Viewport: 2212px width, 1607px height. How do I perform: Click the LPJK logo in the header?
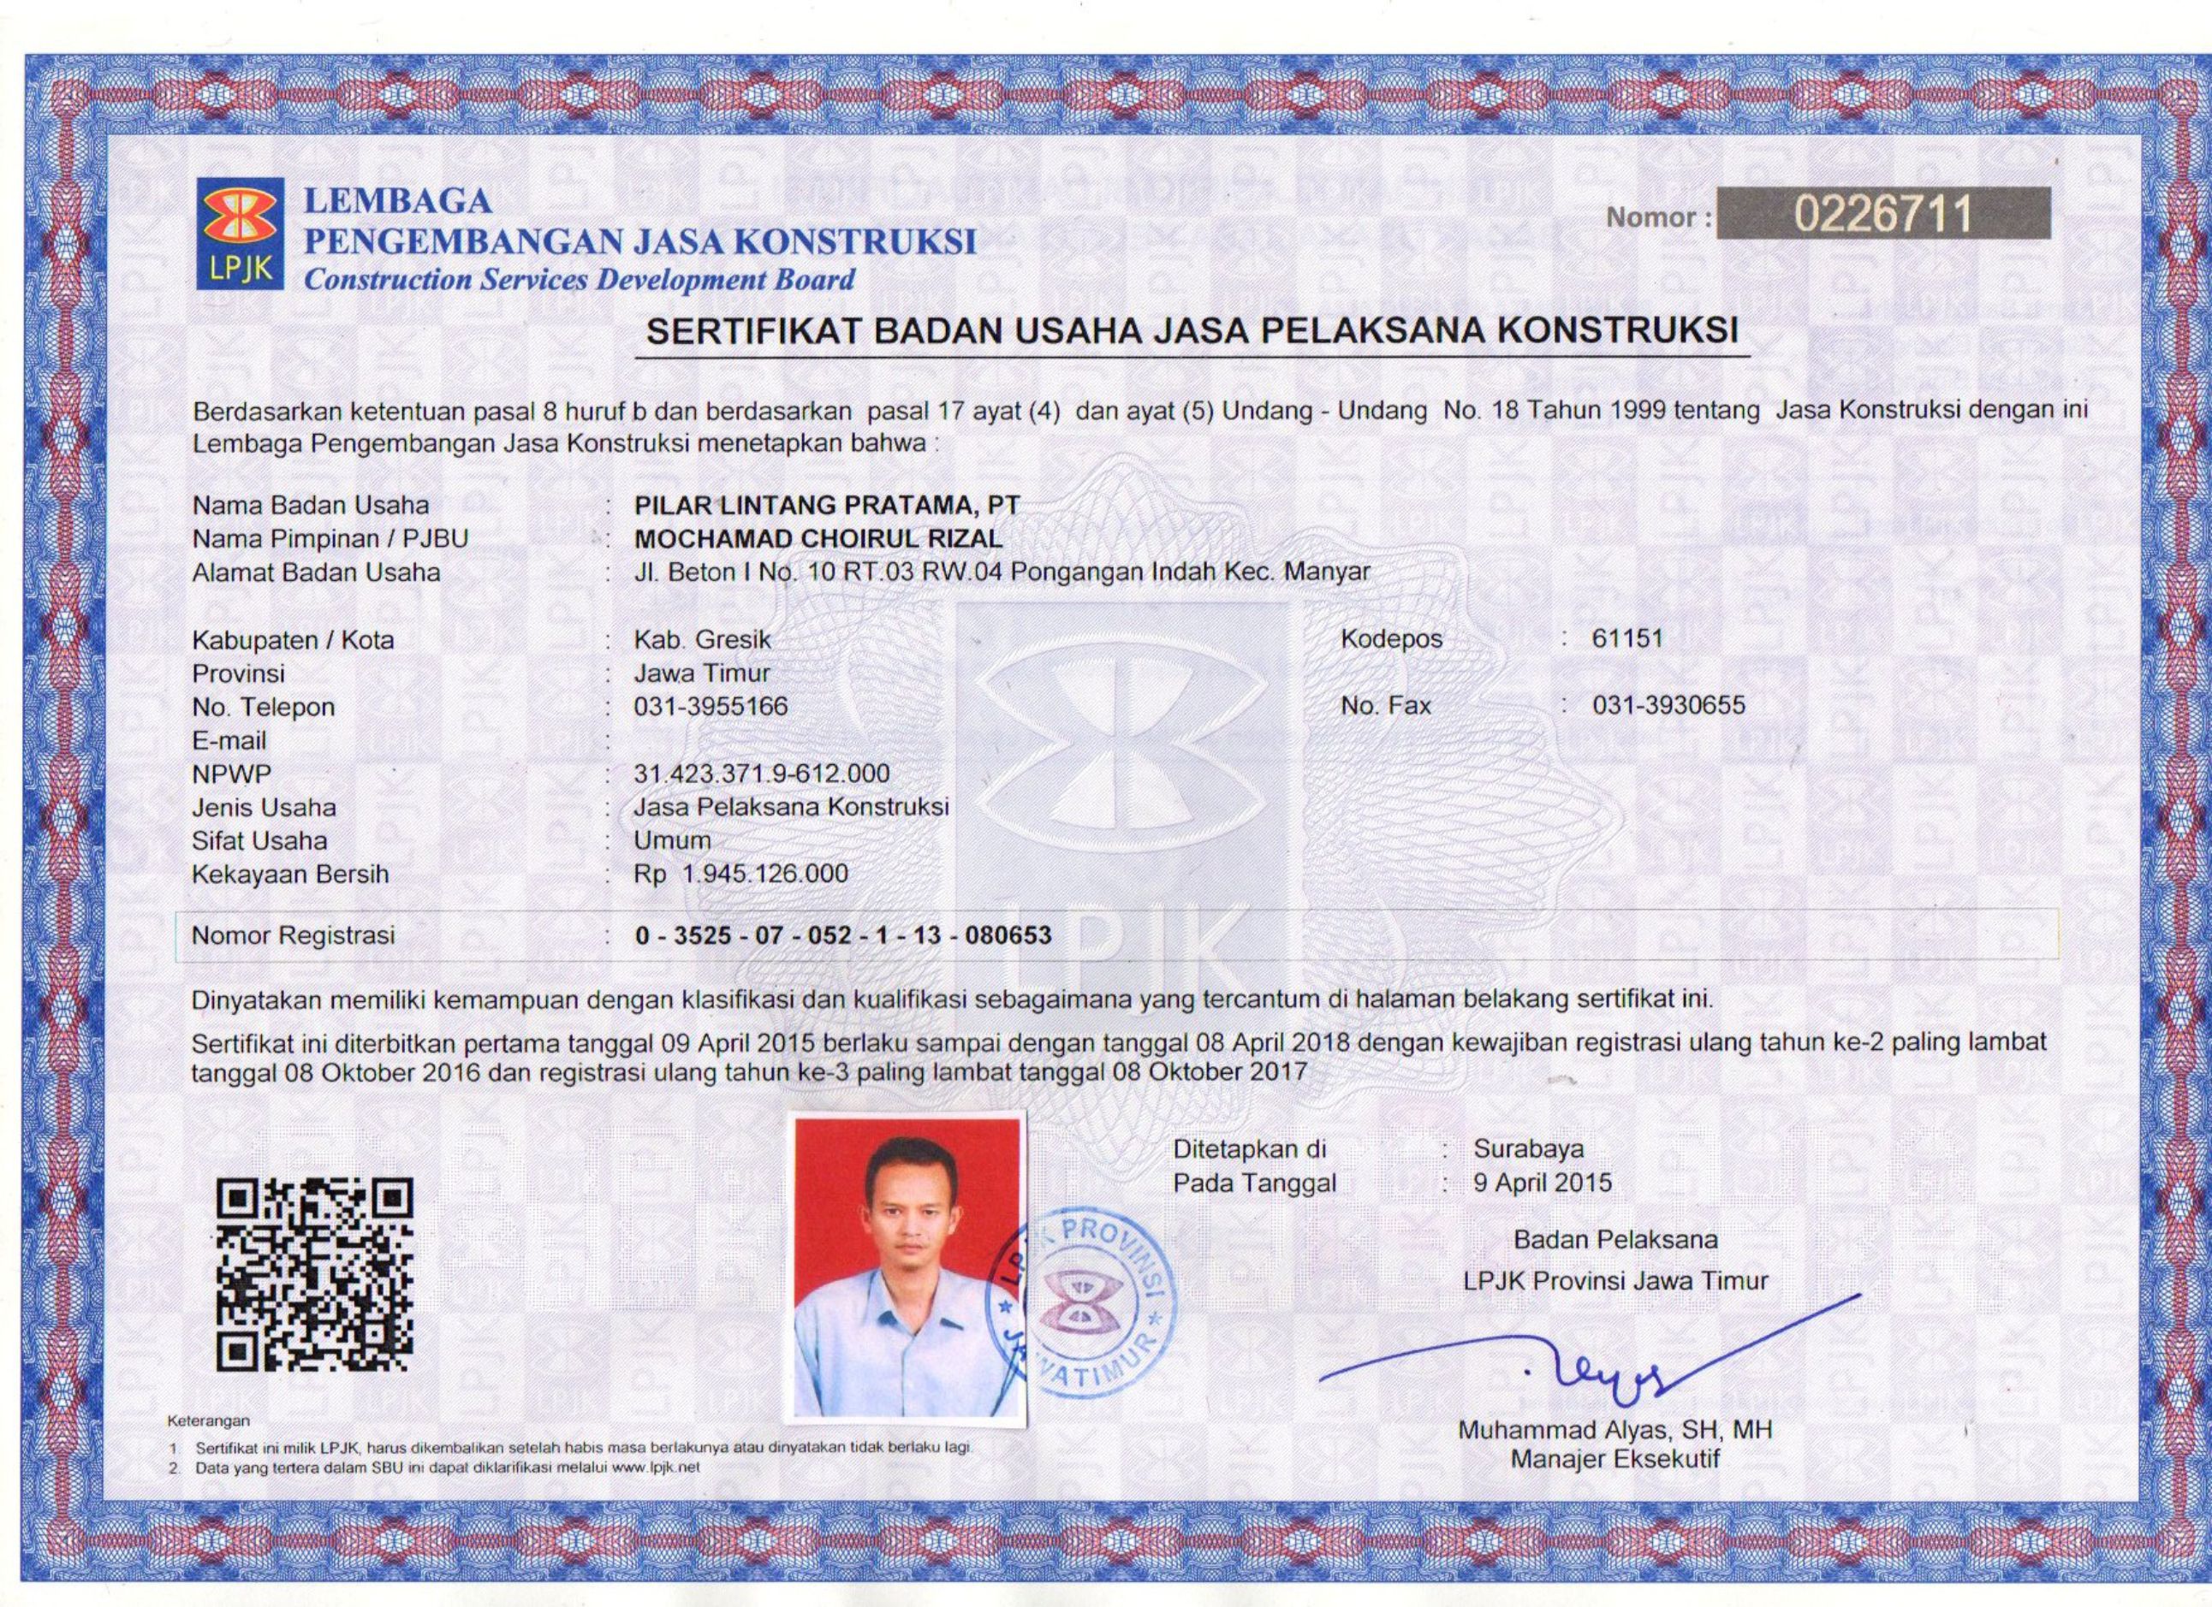point(240,234)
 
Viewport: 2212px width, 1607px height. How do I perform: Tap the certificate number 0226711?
point(1882,215)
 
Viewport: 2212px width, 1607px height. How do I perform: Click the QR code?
point(314,1273)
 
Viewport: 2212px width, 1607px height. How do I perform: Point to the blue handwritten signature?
point(1600,1365)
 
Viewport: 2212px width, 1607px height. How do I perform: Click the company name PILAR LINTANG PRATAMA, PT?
point(826,505)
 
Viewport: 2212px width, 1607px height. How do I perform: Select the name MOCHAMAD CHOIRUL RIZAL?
point(818,538)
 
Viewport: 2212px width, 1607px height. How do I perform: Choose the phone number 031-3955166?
point(710,706)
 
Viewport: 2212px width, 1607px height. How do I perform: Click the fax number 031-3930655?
point(1668,705)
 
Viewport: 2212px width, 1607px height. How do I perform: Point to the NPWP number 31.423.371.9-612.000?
point(761,774)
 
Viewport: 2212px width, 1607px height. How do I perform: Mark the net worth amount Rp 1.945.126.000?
point(740,874)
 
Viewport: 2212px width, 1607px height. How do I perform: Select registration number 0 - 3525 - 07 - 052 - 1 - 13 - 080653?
point(842,936)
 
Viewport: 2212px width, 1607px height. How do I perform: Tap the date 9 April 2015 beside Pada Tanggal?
point(1543,1183)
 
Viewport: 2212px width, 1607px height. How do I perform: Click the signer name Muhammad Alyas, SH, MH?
point(1615,1431)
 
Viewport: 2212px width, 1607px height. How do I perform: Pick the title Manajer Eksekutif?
point(1615,1460)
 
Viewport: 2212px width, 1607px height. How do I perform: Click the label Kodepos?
point(1391,640)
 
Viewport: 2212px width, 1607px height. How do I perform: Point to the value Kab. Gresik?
point(702,640)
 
